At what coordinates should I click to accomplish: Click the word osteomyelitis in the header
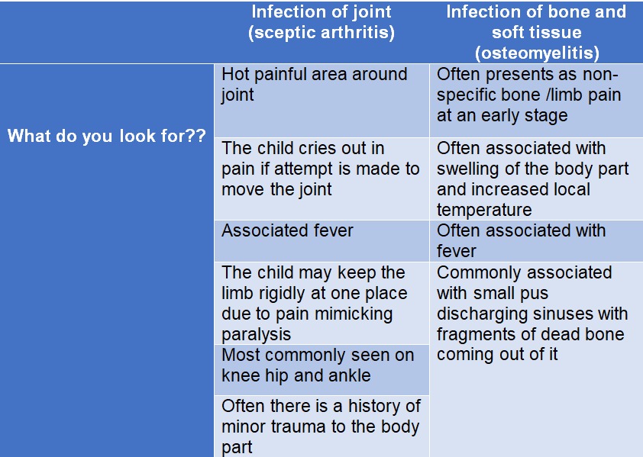tap(537, 53)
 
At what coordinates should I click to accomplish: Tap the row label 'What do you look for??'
tap(107, 136)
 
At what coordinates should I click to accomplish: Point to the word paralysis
tap(257, 335)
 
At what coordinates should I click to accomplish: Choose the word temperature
tap(484, 211)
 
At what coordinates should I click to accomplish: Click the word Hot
tap(235, 75)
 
